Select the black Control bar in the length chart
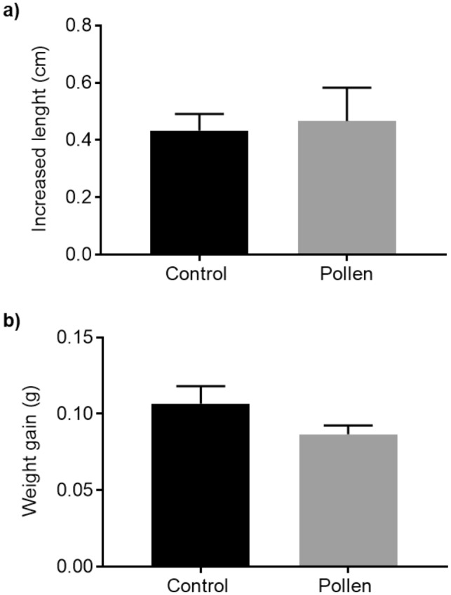point(199,193)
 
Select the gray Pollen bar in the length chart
point(347,188)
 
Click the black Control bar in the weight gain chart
point(199,485)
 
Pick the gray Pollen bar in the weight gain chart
point(347,500)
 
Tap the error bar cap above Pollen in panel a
point(347,88)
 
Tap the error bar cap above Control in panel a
point(199,114)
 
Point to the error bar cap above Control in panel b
point(199,386)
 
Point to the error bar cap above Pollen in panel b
point(347,425)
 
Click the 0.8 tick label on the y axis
point(79,26)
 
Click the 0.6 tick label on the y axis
point(79,83)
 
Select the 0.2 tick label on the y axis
point(79,198)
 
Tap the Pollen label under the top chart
point(347,273)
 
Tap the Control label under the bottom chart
point(199,584)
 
